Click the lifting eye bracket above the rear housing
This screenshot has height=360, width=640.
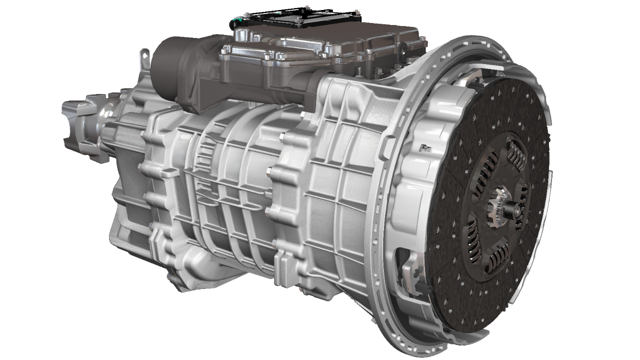click(144, 57)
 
